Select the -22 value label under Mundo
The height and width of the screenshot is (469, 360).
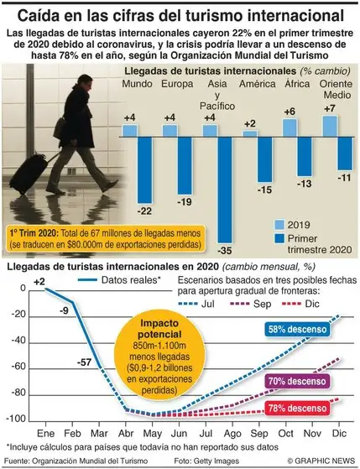pyautogui.click(x=145, y=210)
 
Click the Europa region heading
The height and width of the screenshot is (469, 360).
pyautogui.click(x=172, y=85)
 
